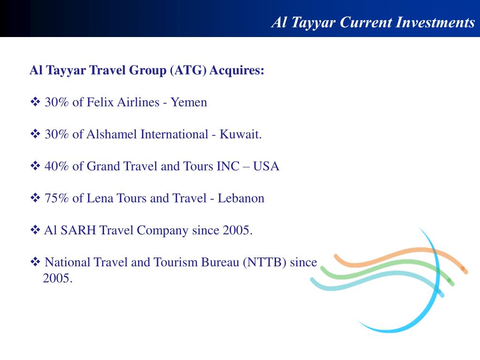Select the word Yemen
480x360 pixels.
point(189,102)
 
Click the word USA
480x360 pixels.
point(266,166)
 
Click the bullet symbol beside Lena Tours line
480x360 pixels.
point(36,198)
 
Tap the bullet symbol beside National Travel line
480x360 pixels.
point(36,262)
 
